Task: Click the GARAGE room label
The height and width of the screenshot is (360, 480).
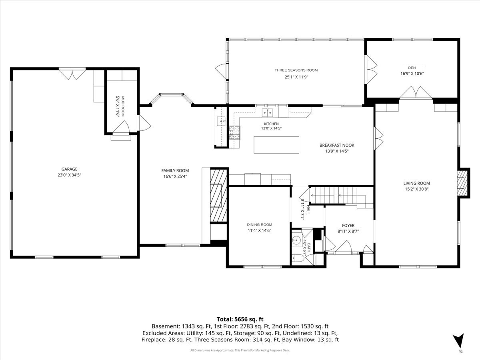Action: [x=69, y=169]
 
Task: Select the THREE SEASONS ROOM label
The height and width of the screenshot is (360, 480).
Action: [x=296, y=70]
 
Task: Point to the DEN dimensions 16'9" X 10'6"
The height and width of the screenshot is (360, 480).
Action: [x=412, y=74]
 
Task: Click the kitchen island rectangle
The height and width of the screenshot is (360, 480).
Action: [x=276, y=145]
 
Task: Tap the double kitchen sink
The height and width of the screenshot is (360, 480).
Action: [x=268, y=112]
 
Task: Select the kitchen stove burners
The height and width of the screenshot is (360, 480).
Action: [x=234, y=133]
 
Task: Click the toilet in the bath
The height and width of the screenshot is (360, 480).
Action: [x=298, y=259]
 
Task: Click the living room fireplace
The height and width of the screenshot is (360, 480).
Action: [x=463, y=183]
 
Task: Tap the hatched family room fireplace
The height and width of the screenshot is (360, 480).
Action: [x=218, y=196]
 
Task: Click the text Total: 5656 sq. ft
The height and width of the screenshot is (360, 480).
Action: [x=240, y=319]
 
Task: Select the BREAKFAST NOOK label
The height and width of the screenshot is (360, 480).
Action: [x=337, y=145]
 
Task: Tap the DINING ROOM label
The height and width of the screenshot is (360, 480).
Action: [x=259, y=224]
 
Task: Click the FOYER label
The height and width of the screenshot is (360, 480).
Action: [x=348, y=225]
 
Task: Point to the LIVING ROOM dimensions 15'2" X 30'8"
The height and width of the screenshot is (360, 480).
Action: [x=416, y=189]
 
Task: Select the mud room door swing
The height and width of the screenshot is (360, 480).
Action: [x=121, y=127]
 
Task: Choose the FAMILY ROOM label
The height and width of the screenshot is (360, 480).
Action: [x=175, y=170]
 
